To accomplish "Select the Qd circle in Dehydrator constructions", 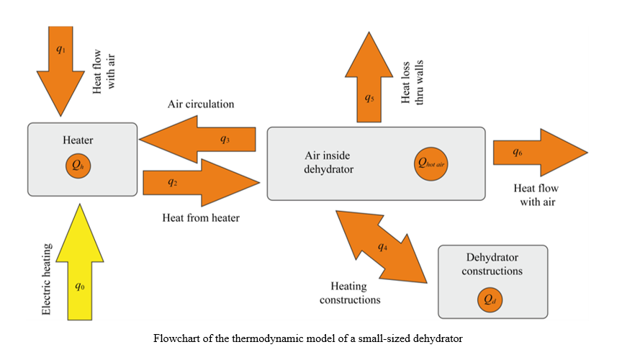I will click(x=492, y=300).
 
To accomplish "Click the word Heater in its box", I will click(x=78, y=140).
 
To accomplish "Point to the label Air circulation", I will click(x=201, y=104).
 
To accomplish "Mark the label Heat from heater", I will click(x=200, y=217).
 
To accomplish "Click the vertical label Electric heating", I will click(x=47, y=279).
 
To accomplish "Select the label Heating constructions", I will click(x=350, y=292).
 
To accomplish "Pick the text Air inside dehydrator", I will click(x=330, y=163).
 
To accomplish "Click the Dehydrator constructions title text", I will click(x=492, y=264).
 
